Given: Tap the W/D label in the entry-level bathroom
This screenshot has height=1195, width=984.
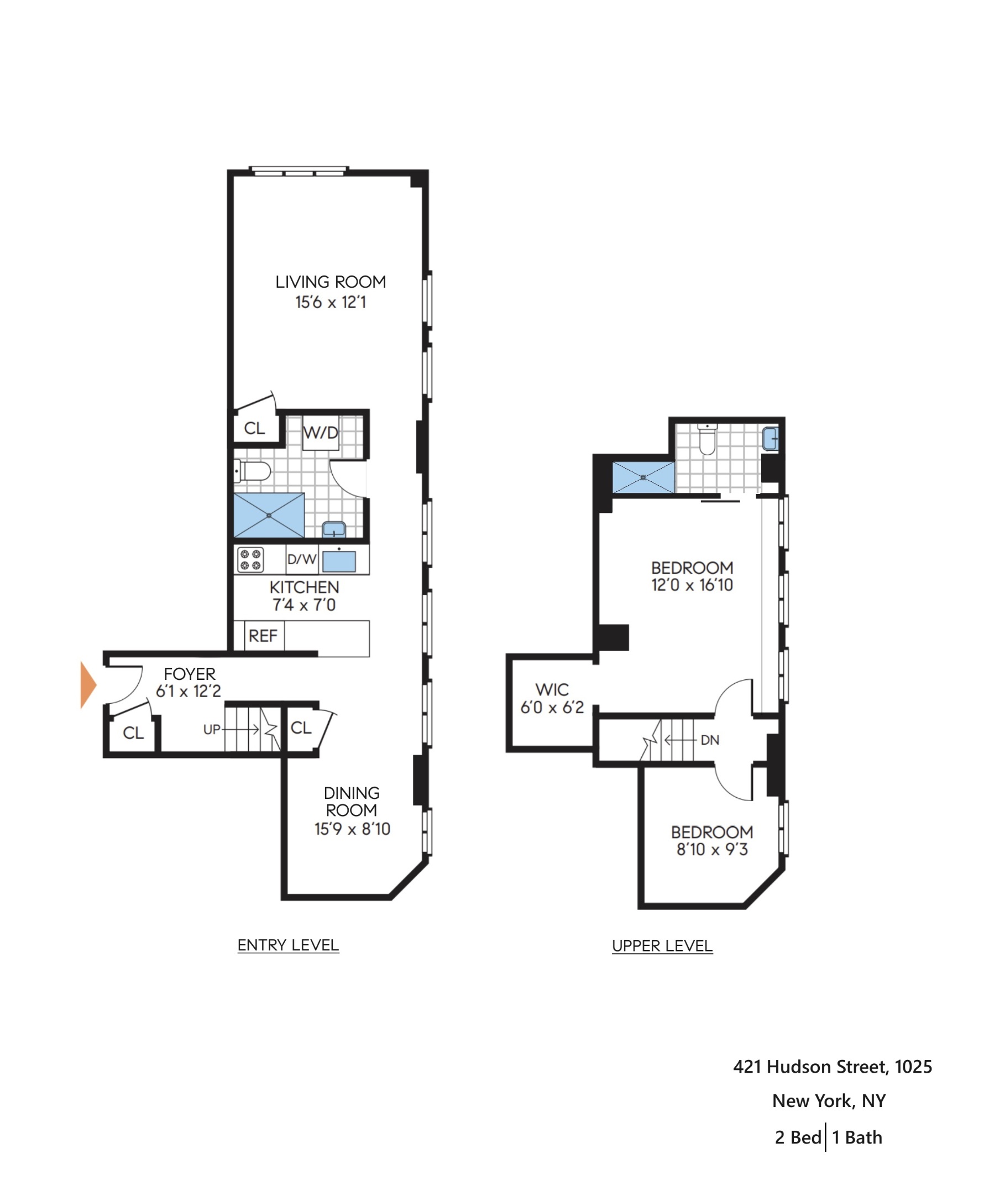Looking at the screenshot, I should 320,433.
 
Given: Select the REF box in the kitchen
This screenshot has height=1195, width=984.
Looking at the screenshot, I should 263,636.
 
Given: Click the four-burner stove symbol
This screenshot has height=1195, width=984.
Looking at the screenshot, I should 250,559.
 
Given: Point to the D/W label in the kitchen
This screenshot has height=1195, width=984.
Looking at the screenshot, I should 301,559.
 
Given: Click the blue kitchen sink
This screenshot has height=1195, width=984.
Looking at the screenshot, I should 339,561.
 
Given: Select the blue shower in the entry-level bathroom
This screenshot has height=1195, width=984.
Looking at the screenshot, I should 269,515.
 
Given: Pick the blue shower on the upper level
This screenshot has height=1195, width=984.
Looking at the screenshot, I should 643,477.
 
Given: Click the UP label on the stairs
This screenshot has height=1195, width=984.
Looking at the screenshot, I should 211,729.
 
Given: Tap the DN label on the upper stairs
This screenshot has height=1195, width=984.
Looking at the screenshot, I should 710,740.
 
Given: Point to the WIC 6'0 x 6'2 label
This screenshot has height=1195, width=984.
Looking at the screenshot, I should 552,698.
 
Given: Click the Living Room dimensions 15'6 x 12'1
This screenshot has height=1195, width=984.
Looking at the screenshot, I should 331,302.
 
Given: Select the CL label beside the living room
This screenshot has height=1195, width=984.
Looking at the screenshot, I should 254,428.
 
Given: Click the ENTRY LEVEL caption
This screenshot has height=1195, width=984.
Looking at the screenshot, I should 288,945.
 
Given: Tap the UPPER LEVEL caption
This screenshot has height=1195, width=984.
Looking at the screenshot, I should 662,945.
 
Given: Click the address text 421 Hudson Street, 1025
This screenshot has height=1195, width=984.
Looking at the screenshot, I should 832,1066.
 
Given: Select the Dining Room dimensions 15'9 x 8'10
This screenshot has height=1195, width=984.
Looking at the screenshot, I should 352,829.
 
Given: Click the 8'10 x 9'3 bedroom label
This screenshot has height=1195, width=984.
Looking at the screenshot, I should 712,849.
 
